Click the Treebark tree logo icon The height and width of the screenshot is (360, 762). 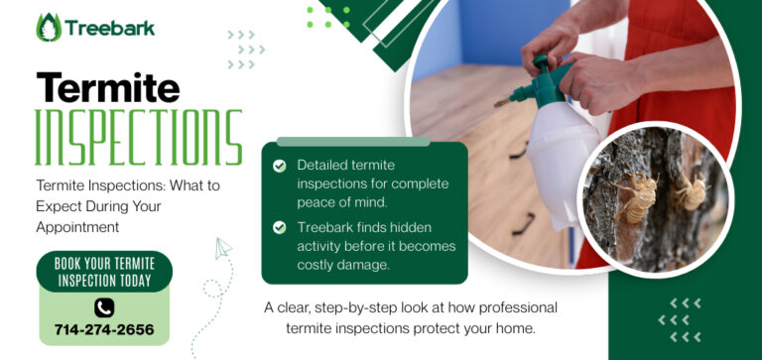[x=49, y=27]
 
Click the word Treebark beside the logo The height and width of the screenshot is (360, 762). [x=110, y=28]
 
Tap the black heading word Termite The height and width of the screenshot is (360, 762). [x=108, y=89]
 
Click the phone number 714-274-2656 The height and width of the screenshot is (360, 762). [x=103, y=329]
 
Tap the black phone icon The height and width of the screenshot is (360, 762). [x=104, y=307]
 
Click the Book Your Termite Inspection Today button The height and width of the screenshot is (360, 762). [x=104, y=272]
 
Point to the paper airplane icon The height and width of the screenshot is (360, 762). [x=224, y=249]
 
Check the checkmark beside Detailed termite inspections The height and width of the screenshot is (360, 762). [x=280, y=166]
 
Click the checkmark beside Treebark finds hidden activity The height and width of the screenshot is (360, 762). [x=280, y=227]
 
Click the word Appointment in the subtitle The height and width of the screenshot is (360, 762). [x=78, y=227]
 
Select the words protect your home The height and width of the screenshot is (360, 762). [x=483, y=326]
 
